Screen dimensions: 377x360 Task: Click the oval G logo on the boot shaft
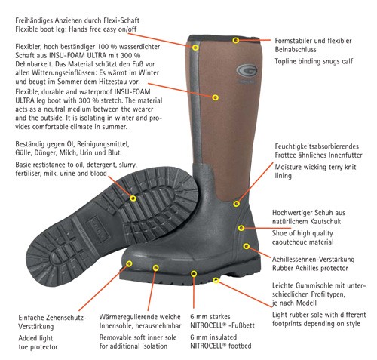point(247,70)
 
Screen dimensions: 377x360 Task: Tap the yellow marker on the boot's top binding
point(235,40)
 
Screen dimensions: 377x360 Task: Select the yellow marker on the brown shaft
point(215,97)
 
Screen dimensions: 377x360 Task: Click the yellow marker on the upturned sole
point(133,198)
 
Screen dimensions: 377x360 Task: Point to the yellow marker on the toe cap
point(129,263)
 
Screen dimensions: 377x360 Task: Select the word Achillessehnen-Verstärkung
point(313,259)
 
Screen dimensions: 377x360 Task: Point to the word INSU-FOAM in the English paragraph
point(133,91)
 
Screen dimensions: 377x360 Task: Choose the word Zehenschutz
point(66,318)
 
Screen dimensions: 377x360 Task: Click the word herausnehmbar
point(158,325)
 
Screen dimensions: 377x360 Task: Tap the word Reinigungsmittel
point(103,144)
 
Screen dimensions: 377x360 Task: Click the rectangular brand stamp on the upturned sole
point(98,229)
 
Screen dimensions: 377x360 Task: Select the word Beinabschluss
point(296,49)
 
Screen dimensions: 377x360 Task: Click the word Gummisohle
point(311,285)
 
